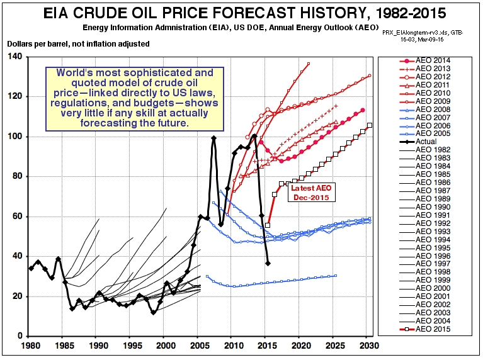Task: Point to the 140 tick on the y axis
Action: [14, 57]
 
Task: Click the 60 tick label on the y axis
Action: [16, 217]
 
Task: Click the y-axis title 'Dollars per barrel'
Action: [78, 44]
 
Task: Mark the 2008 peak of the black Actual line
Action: [213, 138]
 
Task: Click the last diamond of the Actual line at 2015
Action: [268, 263]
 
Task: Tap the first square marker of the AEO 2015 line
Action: [268, 225]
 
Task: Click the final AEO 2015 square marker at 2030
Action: [369, 125]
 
